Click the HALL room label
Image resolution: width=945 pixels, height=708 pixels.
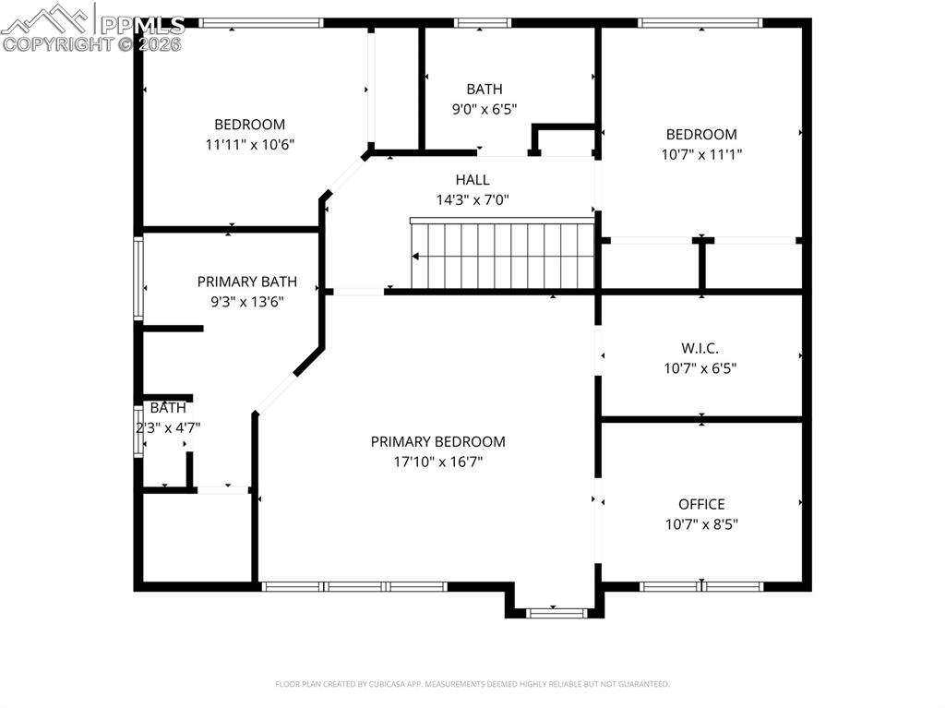point(472,180)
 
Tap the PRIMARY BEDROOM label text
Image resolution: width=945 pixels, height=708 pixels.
point(437,442)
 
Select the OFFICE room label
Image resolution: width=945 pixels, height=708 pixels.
point(701,504)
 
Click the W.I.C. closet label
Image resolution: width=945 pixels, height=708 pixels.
point(700,348)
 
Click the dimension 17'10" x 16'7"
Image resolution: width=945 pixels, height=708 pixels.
point(437,462)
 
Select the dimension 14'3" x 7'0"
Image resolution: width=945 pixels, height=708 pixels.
point(472,199)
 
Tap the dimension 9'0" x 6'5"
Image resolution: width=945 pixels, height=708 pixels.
point(484,109)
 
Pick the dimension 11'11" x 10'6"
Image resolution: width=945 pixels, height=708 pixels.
point(249,144)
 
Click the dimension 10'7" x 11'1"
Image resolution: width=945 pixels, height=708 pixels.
point(701,154)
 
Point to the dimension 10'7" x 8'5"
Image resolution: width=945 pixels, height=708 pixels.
point(701,524)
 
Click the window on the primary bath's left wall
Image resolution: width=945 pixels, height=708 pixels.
point(138,279)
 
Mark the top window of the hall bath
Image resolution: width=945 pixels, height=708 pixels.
point(483,23)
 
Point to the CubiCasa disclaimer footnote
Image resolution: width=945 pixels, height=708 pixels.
point(472,684)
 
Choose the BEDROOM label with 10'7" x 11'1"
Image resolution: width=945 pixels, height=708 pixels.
point(701,135)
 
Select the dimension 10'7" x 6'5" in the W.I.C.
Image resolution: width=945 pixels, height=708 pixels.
point(700,368)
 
